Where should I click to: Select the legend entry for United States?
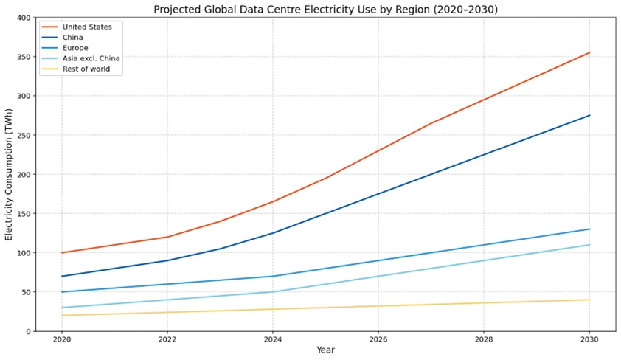(87, 27)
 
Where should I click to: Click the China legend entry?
(72, 38)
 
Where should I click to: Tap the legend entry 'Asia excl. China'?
(91, 58)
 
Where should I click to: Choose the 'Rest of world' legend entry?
(85, 69)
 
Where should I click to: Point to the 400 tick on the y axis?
(24, 18)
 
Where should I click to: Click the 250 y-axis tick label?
(24, 136)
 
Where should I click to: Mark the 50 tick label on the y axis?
(26, 292)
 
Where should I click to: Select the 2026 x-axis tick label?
(378, 340)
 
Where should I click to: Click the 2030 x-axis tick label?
(589, 340)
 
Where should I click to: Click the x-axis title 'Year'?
(325, 351)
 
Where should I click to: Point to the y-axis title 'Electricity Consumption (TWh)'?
(10, 175)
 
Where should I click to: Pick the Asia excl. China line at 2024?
(273, 292)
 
